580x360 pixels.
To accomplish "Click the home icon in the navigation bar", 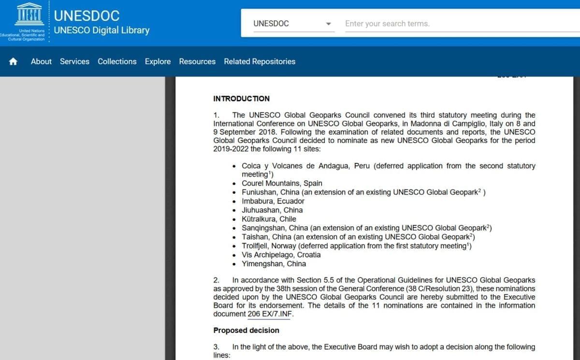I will (x=13, y=61).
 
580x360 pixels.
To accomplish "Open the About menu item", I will (x=41, y=61).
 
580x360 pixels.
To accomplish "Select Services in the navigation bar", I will (x=74, y=61).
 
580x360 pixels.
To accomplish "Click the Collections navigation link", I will (x=117, y=61).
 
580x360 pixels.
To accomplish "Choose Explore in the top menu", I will (x=158, y=61).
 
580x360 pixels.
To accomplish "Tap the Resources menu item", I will (x=197, y=61).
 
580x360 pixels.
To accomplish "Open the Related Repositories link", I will (x=260, y=61).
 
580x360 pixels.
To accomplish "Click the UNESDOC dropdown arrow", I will (x=329, y=24).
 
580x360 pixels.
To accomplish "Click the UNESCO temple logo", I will (x=30, y=14).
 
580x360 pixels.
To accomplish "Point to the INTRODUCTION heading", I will (x=241, y=99).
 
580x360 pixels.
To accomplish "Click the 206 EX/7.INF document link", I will (x=270, y=314).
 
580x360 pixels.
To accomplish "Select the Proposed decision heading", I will (x=246, y=331).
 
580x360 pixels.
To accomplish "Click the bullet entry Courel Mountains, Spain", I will (x=282, y=183).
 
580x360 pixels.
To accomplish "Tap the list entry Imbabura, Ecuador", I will (x=273, y=201).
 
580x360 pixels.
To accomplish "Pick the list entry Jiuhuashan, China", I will (x=272, y=210).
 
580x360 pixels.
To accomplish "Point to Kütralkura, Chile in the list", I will (x=269, y=219).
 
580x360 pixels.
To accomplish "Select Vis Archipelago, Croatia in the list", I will (x=281, y=255).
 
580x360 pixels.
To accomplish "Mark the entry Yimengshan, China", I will (x=274, y=264).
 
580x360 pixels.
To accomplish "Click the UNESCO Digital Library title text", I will (x=101, y=30).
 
